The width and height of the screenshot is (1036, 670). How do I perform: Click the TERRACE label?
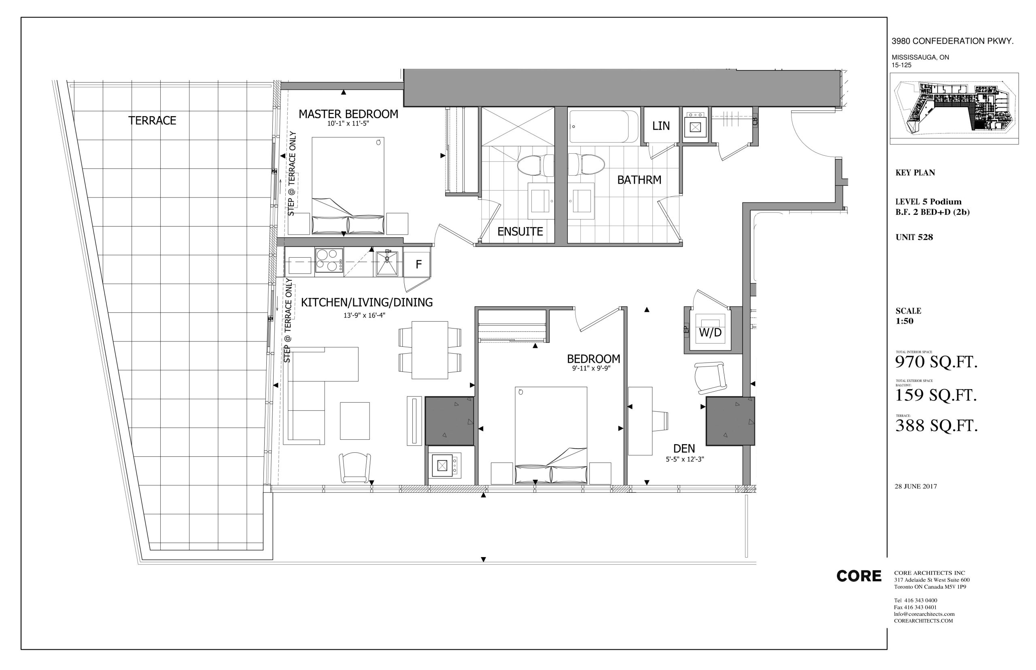click(152, 121)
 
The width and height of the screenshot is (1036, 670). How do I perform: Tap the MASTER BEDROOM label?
click(348, 114)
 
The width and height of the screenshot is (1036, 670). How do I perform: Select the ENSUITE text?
click(520, 231)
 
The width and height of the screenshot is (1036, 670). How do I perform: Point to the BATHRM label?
click(639, 180)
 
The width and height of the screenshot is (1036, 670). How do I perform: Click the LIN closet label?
click(660, 126)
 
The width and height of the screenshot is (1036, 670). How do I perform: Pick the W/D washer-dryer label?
click(710, 333)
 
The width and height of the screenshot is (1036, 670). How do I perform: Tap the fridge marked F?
click(418, 264)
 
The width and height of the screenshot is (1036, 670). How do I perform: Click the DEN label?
click(684, 448)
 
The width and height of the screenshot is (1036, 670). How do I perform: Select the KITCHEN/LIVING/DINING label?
click(367, 302)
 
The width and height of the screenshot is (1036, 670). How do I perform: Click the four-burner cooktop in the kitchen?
click(329, 260)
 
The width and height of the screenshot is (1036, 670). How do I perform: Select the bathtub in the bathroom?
click(604, 126)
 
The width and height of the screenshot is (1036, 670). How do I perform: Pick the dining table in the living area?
click(430, 350)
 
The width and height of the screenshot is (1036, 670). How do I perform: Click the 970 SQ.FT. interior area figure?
click(936, 362)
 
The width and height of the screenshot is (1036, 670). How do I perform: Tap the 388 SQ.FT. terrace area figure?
click(936, 425)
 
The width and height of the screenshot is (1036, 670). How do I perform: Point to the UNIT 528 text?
click(914, 237)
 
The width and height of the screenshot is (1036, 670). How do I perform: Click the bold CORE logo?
click(858, 576)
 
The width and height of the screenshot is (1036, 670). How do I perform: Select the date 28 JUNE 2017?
click(915, 486)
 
